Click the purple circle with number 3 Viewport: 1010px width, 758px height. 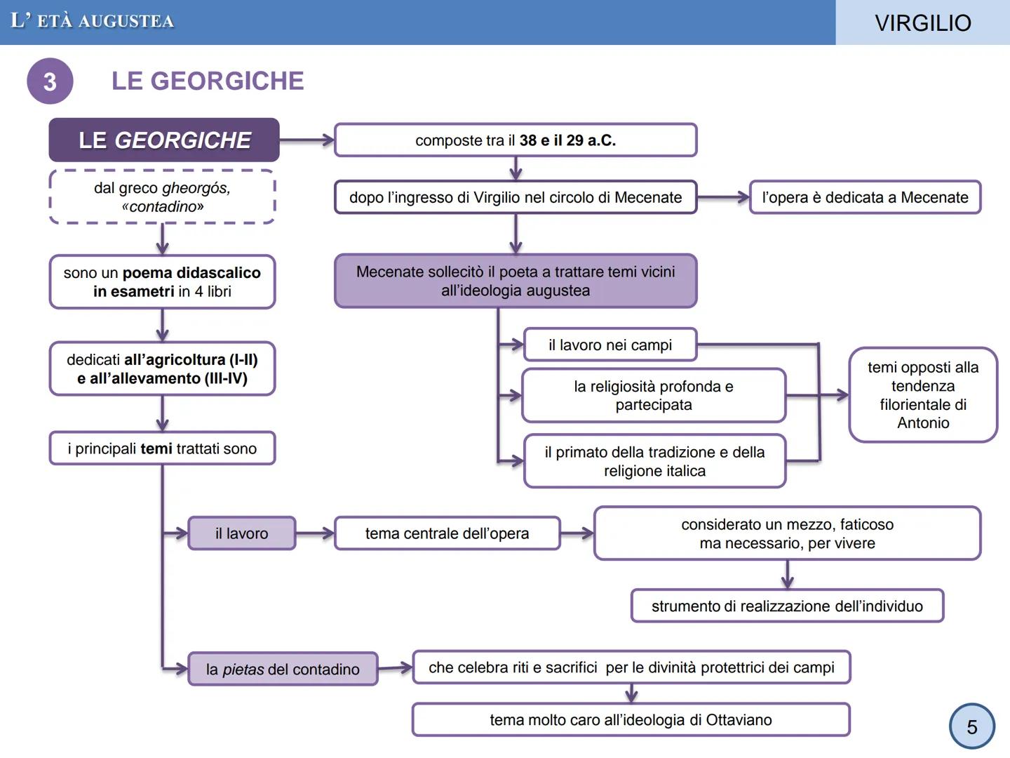point(50,81)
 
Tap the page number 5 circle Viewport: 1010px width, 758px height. point(971,726)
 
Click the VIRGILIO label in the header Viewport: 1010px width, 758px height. point(922,22)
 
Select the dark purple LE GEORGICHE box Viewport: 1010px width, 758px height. point(164,140)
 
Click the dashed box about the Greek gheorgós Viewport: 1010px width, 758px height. point(162,197)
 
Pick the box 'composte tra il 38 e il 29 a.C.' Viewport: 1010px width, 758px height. point(516,140)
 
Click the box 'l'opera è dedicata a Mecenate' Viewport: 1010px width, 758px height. point(865,197)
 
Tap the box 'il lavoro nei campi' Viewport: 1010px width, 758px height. point(610,345)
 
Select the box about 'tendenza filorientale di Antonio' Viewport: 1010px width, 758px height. point(923,394)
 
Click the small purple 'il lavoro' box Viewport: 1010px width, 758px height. point(241,533)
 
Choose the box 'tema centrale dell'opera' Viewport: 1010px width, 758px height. point(447,533)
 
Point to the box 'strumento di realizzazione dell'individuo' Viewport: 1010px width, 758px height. point(787,606)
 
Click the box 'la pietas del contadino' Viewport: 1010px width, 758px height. point(283,669)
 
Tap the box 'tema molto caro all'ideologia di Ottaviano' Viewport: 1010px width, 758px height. point(631,719)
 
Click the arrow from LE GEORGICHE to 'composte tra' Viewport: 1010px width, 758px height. point(307,140)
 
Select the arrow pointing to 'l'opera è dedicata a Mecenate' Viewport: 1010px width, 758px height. point(723,197)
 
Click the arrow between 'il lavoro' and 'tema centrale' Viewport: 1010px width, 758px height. point(315,533)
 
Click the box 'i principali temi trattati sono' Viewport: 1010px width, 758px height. point(162,448)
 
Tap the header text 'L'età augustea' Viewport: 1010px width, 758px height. point(93,21)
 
